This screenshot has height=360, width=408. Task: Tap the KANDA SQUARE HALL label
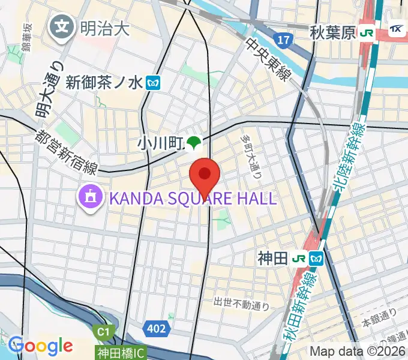point(192,198)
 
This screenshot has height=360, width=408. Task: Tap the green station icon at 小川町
point(193,143)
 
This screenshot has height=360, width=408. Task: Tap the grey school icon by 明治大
point(62,27)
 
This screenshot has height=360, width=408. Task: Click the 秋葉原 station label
point(333,33)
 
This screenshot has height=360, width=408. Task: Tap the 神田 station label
point(271,258)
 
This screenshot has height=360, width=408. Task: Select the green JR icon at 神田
point(298,259)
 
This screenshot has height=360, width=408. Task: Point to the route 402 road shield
point(154,328)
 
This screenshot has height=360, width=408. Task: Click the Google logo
point(40,346)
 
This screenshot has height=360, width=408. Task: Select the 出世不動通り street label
point(242,304)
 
